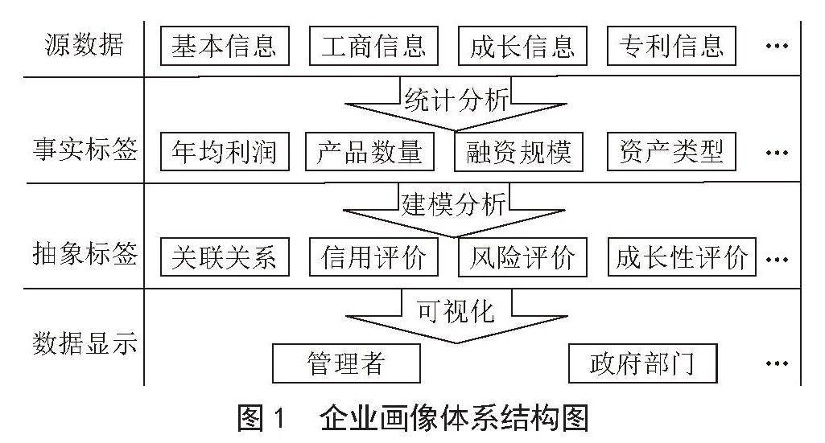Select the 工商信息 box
(x=373, y=45)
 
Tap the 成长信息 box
(x=522, y=45)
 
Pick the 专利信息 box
(x=671, y=45)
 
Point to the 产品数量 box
(x=370, y=150)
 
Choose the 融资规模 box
(x=519, y=150)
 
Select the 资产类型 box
(x=671, y=150)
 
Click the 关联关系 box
(x=225, y=257)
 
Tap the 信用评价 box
(x=373, y=257)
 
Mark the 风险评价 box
(x=522, y=257)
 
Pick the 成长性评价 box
(x=681, y=257)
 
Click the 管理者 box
(x=346, y=364)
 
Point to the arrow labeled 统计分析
(x=456, y=105)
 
